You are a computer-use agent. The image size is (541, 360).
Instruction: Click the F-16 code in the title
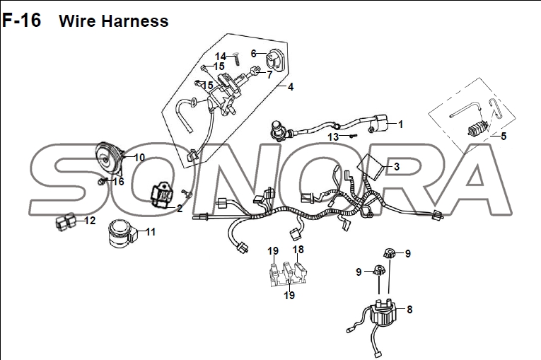pyautogui.click(x=21, y=21)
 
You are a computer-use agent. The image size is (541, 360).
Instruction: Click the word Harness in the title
pyautogui.click(x=135, y=21)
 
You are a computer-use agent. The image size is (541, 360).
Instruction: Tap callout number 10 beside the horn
pyautogui.click(x=139, y=158)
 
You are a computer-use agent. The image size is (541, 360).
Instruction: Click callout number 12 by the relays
pyautogui.click(x=90, y=221)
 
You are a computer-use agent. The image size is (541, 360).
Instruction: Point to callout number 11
pyautogui.click(x=151, y=232)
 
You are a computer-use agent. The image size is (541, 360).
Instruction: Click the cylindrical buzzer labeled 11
pyautogui.click(x=122, y=233)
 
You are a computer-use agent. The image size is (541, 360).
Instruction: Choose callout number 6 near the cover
pyautogui.click(x=254, y=54)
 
